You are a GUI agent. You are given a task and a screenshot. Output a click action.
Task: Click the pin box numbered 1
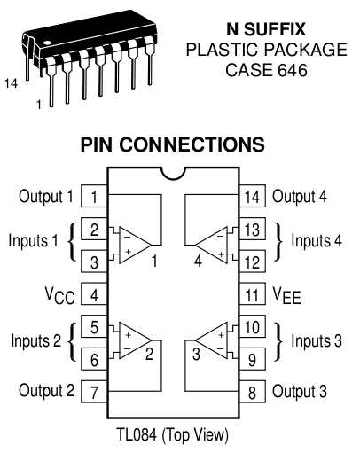click(93, 197)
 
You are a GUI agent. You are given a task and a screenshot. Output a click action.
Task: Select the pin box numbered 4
click(93, 293)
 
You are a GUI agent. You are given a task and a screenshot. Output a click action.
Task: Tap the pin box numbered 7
click(93, 390)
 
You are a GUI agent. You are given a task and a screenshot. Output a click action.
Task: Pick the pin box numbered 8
click(253, 390)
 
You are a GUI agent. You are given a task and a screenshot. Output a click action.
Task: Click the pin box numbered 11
click(253, 293)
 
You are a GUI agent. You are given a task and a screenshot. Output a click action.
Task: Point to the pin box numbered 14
click(253, 197)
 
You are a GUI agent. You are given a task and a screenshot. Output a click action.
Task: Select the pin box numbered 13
click(253, 230)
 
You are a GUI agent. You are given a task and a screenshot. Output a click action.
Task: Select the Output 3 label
click(300, 390)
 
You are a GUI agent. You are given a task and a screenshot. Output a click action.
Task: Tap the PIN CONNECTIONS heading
click(173, 144)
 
